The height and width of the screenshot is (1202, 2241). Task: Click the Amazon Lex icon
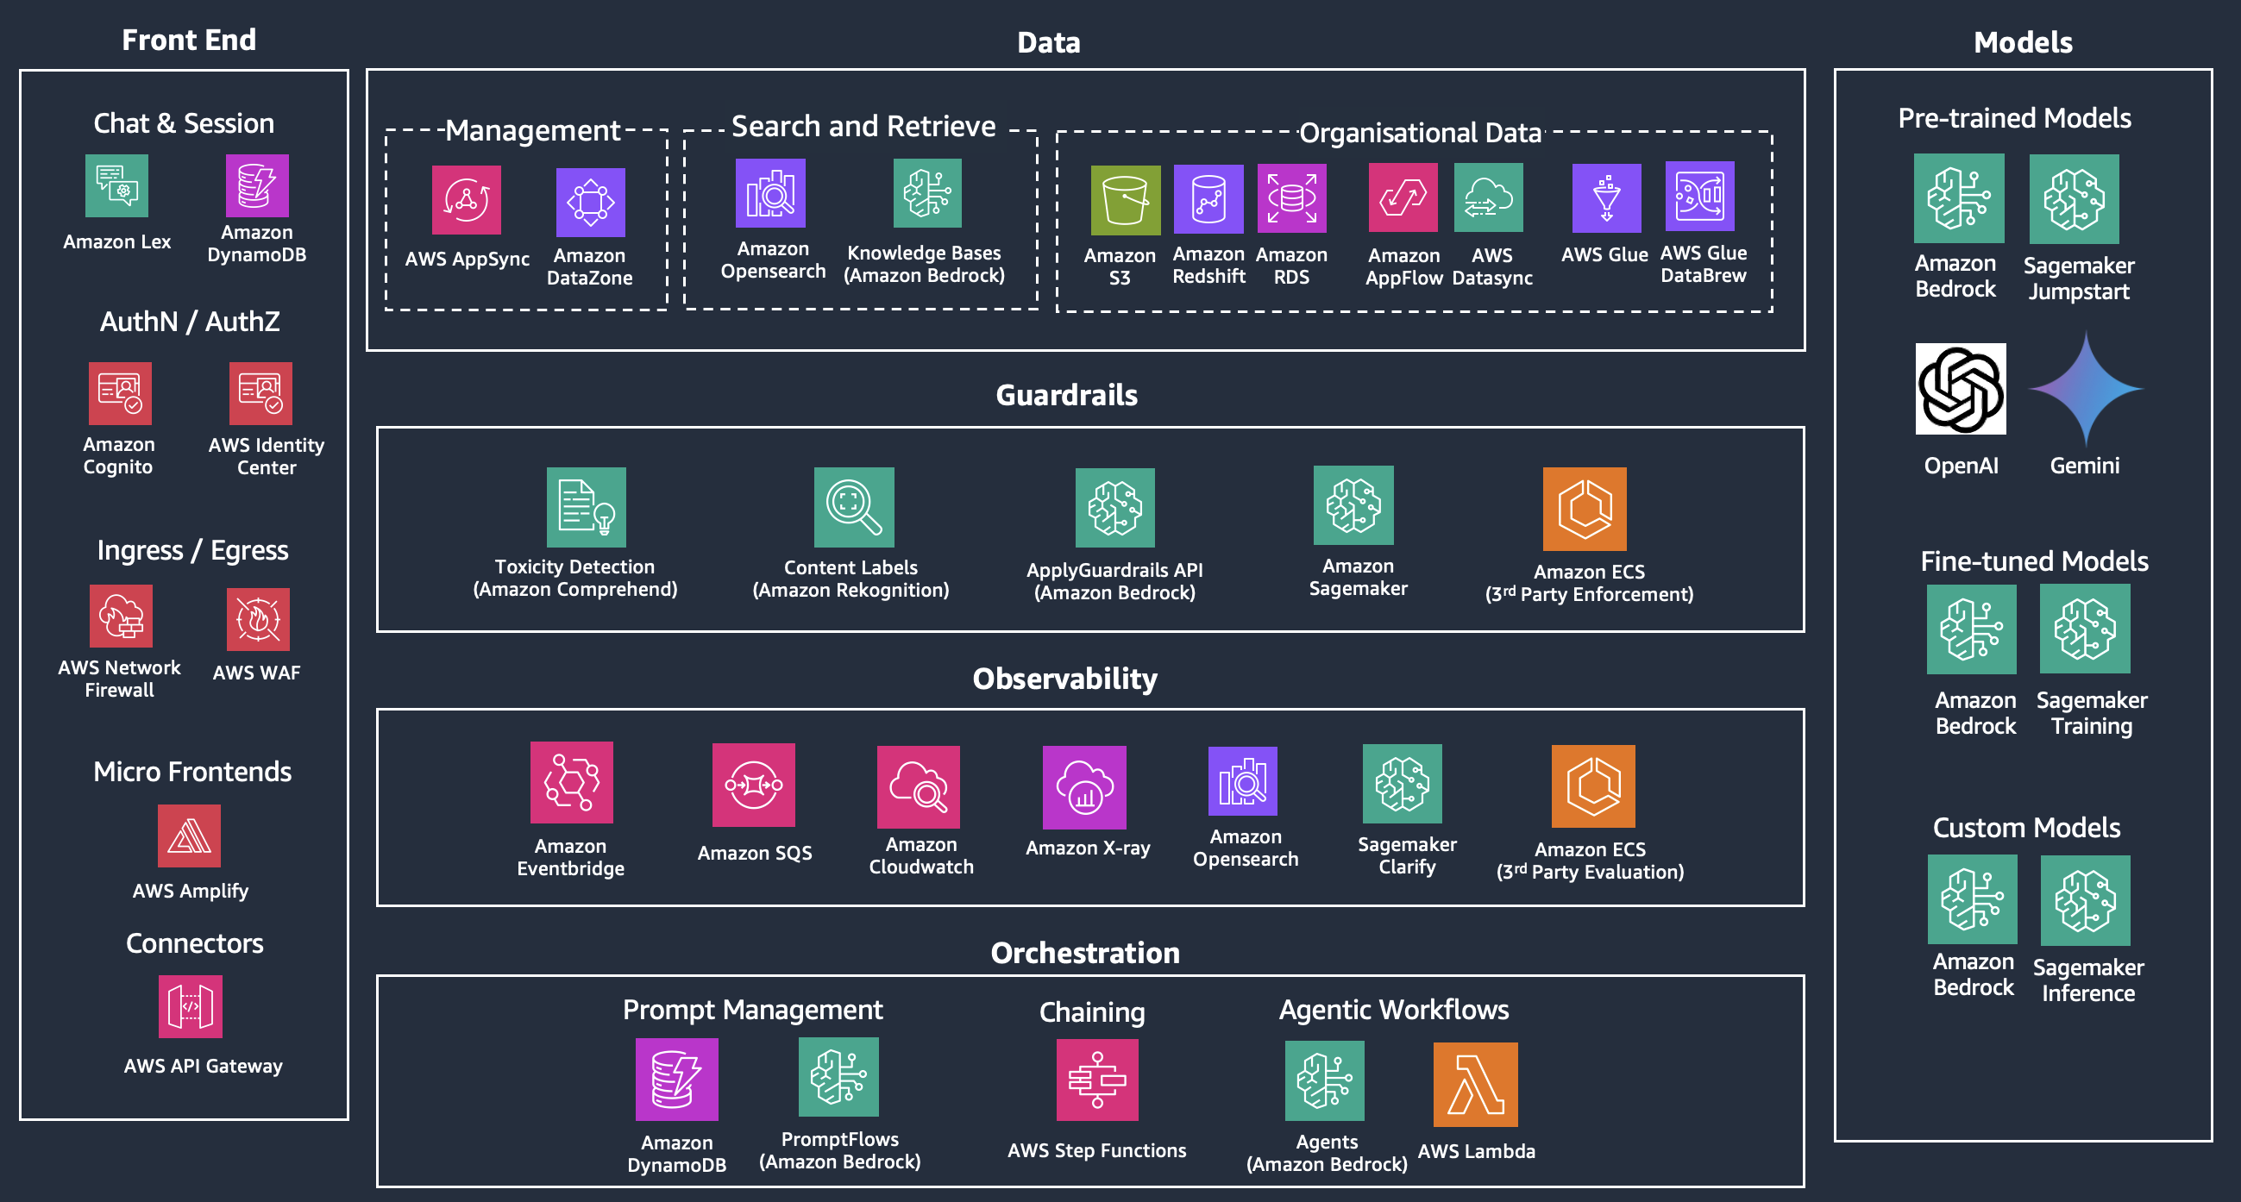tap(116, 185)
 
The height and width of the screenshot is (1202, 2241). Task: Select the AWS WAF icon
tap(258, 619)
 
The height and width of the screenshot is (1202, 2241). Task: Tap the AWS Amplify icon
tap(189, 836)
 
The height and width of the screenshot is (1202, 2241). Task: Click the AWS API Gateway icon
tap(190, 1006)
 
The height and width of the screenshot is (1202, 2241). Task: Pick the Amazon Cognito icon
tap(120, 393)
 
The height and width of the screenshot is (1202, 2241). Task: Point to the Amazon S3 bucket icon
tap(1125, 199)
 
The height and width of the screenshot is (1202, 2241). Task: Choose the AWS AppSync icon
tap(467, 200)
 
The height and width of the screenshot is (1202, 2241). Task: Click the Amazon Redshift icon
tap(1208, 199)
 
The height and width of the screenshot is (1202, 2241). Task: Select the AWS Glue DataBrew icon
tap(1699, 197)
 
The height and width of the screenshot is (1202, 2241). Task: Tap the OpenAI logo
tap(1960, 389)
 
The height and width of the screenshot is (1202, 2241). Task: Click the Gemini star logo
tap(2085, 389)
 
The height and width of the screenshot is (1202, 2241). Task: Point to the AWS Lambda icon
tap(1475, 1084)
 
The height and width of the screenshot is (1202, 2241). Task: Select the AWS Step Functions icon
tap(1097, 1080)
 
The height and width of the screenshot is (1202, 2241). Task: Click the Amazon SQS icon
tap(753, 785)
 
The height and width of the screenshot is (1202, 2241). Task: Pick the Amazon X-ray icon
tap(1084, 787)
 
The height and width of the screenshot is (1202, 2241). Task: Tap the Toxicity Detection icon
tap(587, 507)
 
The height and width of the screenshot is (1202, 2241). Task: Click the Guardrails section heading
tap(1066, 395)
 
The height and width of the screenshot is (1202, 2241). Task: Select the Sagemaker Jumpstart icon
tap(2074, 199)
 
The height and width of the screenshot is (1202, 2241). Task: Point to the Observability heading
tap(1064, 679)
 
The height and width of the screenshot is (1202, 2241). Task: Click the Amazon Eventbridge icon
tap(572, 782)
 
